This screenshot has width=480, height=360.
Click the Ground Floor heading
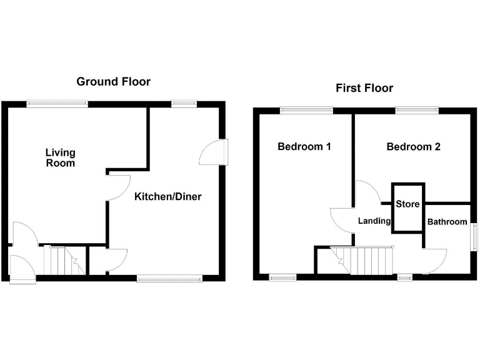[x=113, y=81]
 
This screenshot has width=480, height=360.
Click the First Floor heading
[x=364, y=87]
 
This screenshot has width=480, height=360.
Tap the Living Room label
[x=61, y=157]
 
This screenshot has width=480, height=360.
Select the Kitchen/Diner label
[x=168, y=196]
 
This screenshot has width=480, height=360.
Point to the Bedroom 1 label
[x=304, y=147]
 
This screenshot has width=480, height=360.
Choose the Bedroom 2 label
[x=413, y=147]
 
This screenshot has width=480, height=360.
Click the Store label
[x=407, y=204]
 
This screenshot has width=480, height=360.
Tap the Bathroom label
[x=447, y=222]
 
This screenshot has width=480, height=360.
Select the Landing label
[x=374, y=221]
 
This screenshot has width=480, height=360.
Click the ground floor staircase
[x=62, y=261]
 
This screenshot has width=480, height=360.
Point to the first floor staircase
[x=362, y=259]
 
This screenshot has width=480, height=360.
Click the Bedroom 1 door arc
[x=341, y=220]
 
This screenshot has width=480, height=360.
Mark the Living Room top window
[x=57, y=104]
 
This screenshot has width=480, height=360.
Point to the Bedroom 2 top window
[x=417, y=111]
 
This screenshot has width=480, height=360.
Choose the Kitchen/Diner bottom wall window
[x=169, y=278]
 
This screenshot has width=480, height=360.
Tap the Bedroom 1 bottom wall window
[x=283, y=277]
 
